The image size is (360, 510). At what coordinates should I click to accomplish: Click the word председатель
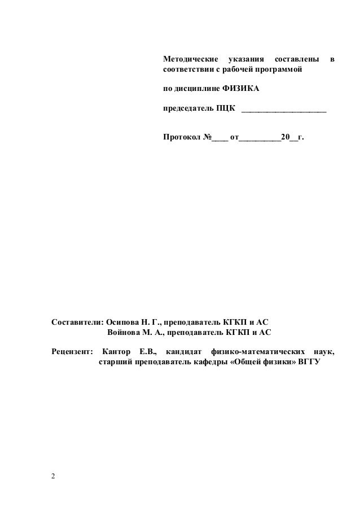coord(188,108)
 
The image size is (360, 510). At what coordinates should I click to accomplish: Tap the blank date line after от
coord(260,138)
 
